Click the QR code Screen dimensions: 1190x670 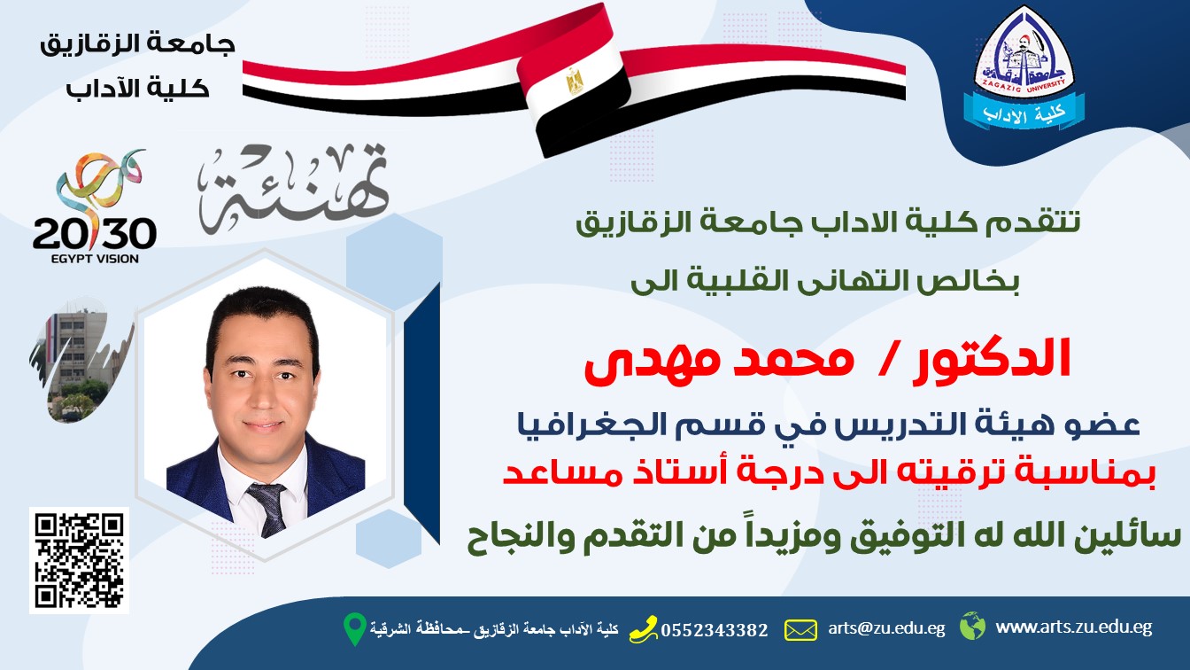point(79,560)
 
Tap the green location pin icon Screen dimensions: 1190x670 point(355,629)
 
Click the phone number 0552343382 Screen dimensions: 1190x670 point(715,630)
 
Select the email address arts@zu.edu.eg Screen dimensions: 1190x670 point(886,628)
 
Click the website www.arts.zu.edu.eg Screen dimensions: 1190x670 point(1074,627)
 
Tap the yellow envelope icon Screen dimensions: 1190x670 point(800,630)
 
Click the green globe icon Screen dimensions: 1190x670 point(973,626)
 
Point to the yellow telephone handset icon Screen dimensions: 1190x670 point(644,629)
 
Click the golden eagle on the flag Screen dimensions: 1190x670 point(575,82)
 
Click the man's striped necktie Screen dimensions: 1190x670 point(268,509)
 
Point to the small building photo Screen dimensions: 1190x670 point(81,361)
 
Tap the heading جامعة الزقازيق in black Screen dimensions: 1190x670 point(137,44)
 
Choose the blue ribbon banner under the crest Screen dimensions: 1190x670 point(1024,113)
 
